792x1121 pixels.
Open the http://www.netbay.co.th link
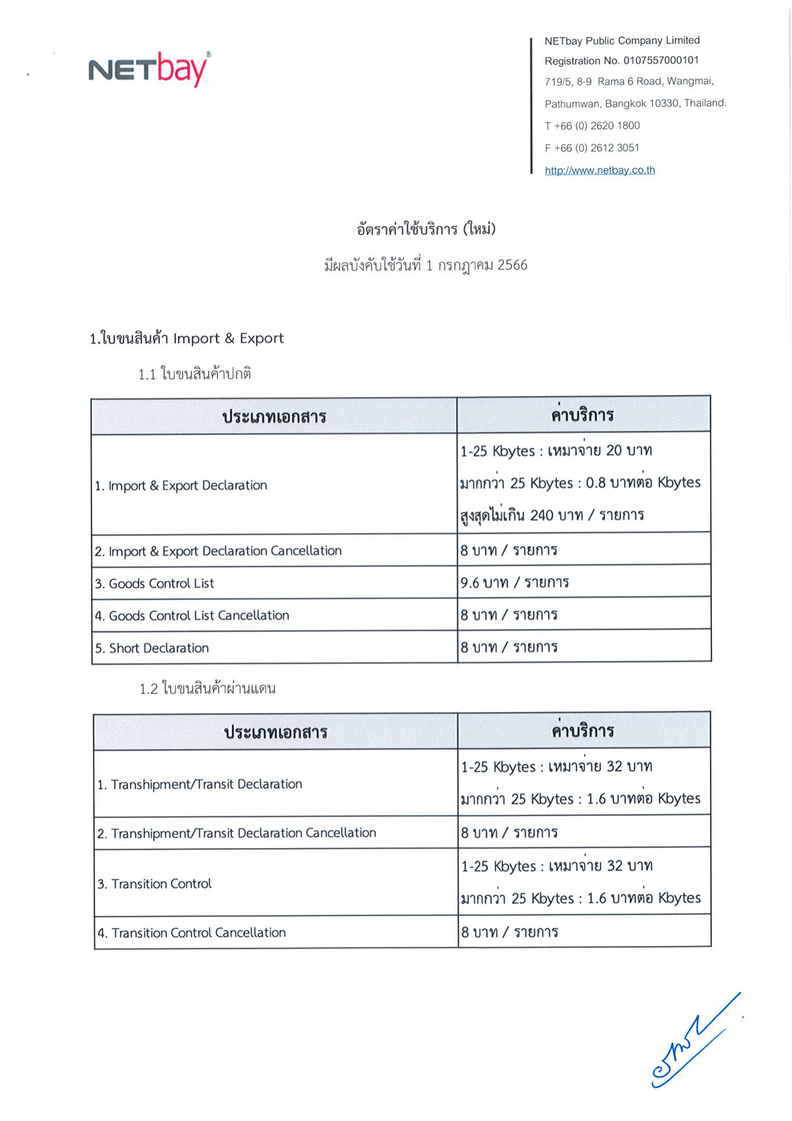click(x=599, y=170)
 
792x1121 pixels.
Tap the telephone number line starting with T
click(x=591, y=126)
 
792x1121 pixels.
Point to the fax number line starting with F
click(x=591, y=148)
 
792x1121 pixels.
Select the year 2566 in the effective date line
click(x=512, y=265)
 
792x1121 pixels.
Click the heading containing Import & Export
click(x=186, y=338)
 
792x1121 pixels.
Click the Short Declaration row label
click(x=152, y=648)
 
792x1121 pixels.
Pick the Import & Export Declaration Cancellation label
click(x=218, y=551)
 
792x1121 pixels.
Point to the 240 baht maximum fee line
click(x=552, y=515)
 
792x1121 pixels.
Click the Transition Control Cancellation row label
click(x=191, y=933)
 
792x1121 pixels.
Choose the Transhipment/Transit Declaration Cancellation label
click(x=236, y=833)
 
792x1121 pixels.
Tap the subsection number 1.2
click(x=149, y=689)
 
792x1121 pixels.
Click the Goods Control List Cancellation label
click(x=192, y=616)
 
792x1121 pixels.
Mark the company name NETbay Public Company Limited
click(x=622, y=41)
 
